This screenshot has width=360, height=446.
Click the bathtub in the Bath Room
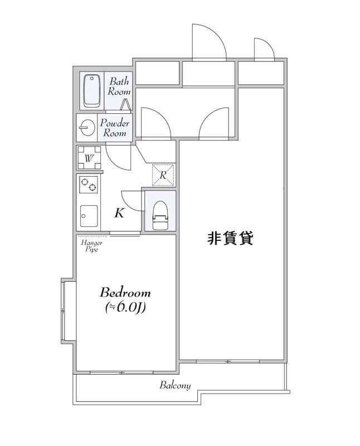[91, 91]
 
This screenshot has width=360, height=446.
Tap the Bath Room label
[119, 86]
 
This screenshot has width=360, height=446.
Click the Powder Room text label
[115, 128]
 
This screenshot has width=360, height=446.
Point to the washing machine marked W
[89, 158]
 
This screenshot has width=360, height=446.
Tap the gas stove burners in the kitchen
[89, 185]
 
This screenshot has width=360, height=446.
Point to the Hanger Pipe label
[90, 246]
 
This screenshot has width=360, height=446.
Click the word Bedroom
[125, 292]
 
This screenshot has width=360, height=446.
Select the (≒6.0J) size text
[125, 307]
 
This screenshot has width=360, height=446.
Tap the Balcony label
[175, 385]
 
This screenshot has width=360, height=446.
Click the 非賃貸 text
[231, 239]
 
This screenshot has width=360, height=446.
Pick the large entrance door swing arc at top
[208, 42]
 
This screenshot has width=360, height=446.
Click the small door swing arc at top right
[263, 48]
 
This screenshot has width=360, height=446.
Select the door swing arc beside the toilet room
[130, 202]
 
